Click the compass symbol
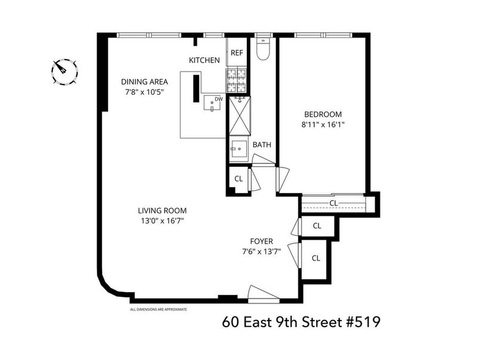(x=64, y=72)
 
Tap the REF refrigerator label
(x=237, y=53)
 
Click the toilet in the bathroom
(x=263, y=49)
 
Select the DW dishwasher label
(x=219, y=99)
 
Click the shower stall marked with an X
(x=240, y=116)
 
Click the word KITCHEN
(x=205, y=60)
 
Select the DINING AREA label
(x=144, y=82)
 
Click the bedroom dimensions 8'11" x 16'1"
(x=323, y=125)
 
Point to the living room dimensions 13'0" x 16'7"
(x=162, y=221)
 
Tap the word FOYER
(x=261, y=241)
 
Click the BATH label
(x=262, y=145)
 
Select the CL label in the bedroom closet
(x=334, y=203)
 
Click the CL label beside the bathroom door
(x=239, y=179)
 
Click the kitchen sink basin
(x=212, y=103)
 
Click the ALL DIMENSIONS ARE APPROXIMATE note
(x=159, y=309)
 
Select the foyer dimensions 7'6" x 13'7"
(x=261, y=252)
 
